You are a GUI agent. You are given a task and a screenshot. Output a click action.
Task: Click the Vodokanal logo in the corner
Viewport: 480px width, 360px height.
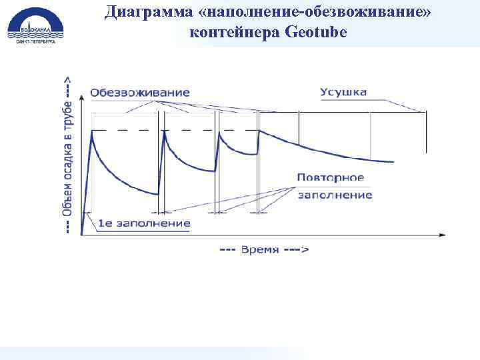(33, 25)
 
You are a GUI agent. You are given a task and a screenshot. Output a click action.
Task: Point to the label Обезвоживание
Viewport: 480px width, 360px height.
(140, 93)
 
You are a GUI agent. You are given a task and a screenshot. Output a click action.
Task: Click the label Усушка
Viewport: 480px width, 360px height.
(343, 92)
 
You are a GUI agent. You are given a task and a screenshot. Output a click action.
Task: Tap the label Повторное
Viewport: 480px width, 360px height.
(331, 178)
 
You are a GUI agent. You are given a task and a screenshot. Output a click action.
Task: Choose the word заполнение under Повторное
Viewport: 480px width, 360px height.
(335, 195)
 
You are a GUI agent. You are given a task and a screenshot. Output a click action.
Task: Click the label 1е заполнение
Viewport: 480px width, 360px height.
(144, 223)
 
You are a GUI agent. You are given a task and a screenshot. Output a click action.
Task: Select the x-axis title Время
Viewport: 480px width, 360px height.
(264, 249)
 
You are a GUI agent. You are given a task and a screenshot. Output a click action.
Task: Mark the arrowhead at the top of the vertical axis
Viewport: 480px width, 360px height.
(82, 96)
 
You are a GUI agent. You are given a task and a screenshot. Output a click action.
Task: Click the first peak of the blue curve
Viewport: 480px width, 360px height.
(92, 132)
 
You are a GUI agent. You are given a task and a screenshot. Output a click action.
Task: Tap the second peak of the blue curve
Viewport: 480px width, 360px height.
(164, 131)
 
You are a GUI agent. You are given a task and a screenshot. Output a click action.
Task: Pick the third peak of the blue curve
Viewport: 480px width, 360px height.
(217, 131)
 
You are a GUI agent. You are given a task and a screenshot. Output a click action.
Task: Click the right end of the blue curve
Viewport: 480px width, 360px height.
(392, 161)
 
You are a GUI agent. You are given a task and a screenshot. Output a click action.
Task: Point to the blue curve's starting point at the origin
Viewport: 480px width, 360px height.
(82, 234)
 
